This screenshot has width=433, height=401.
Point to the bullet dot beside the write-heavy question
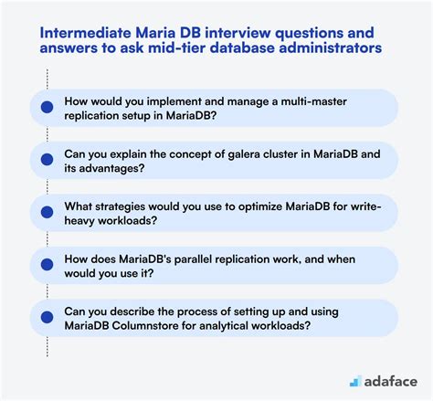[x=47, y=213]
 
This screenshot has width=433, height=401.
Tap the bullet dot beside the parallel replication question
[x=47, y=265]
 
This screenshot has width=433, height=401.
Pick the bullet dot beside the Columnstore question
[x=47, y=317]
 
